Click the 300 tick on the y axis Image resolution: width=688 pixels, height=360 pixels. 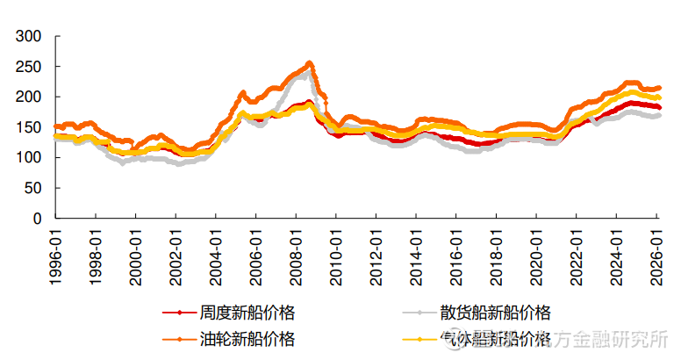coord(29,36)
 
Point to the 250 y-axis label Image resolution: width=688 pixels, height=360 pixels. coord(29,67)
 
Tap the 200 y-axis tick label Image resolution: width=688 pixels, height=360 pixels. coord(29,97)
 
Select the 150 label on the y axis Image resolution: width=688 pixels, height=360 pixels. coord(29,127)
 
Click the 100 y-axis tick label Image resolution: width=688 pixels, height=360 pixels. coord(29,157)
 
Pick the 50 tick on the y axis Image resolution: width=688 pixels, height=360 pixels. coord(33,188)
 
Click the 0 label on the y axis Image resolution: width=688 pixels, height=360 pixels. coord(37,218)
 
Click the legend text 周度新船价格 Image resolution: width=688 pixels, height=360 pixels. coord(247,313)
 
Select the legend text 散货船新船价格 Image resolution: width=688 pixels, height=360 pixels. coord(495,313)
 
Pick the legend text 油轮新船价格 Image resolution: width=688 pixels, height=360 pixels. coord(247,339)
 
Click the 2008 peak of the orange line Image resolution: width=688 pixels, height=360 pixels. coord(309,63)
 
